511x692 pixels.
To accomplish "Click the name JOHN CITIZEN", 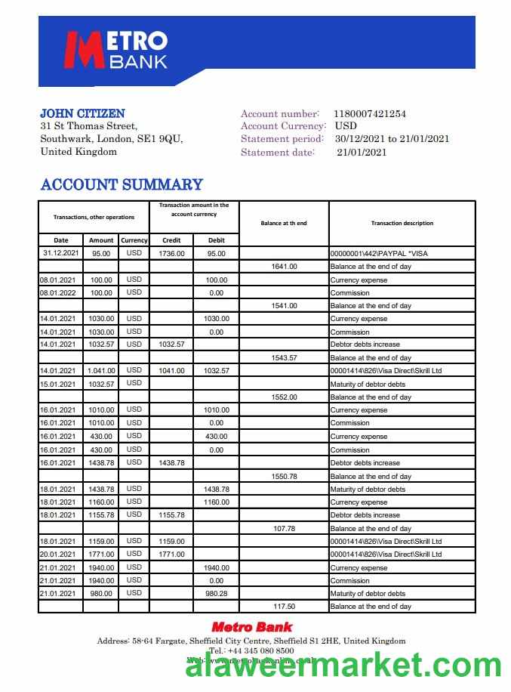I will [82, 113].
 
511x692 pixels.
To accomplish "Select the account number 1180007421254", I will [370, 114].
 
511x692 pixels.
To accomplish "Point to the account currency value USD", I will [346, 126].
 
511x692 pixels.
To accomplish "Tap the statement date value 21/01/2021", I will [362, 152].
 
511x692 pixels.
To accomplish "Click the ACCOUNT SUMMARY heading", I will [122, 184].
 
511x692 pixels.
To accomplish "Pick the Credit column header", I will [171, 240].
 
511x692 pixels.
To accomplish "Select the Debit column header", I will [216, 240].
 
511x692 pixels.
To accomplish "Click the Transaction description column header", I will [402, 223].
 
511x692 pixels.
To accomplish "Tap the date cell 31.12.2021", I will [61, 254].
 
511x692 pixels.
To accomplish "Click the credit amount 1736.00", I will [171, 254].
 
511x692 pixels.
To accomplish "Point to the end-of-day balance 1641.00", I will [284, 267].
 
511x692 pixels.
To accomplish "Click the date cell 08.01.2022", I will [58, 292].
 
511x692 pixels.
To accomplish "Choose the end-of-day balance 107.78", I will [284, 528].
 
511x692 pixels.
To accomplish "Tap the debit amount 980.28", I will [216, 593].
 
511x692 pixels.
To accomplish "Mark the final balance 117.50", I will [284, 606].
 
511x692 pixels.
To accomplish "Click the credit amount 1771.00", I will [171, 554].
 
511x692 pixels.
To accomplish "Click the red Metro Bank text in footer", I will [251, 626].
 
